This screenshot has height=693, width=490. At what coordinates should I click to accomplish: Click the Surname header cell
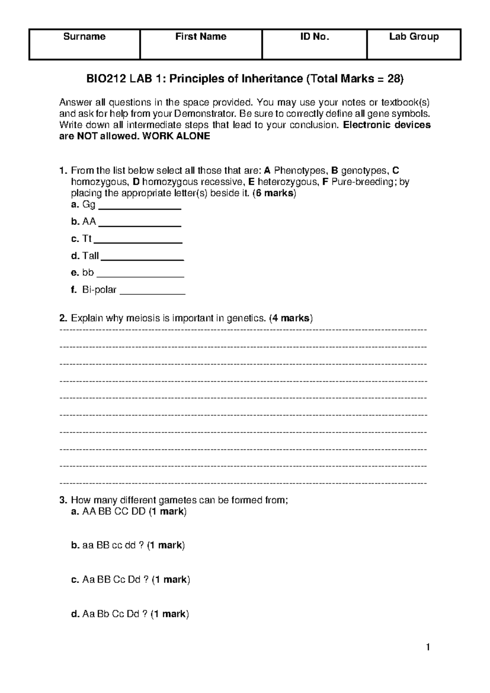pyautogui.click(x=85, y=37)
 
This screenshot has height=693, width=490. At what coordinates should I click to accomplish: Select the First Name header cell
pyautogui.click(x=200, y=37)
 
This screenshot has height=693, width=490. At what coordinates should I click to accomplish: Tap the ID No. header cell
pyautogui.click(x=314, y=37)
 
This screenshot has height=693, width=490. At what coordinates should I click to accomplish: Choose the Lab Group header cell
pyautogui.click(x=414, y=37)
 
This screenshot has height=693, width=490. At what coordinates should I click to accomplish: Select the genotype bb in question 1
pyautogui.click(x=88, y=273)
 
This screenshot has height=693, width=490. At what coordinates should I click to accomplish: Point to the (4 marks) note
pyautogui.click(x=291, y=318)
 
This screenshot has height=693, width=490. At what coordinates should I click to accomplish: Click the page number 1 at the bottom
pyautogui.click(x=428, y=647)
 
